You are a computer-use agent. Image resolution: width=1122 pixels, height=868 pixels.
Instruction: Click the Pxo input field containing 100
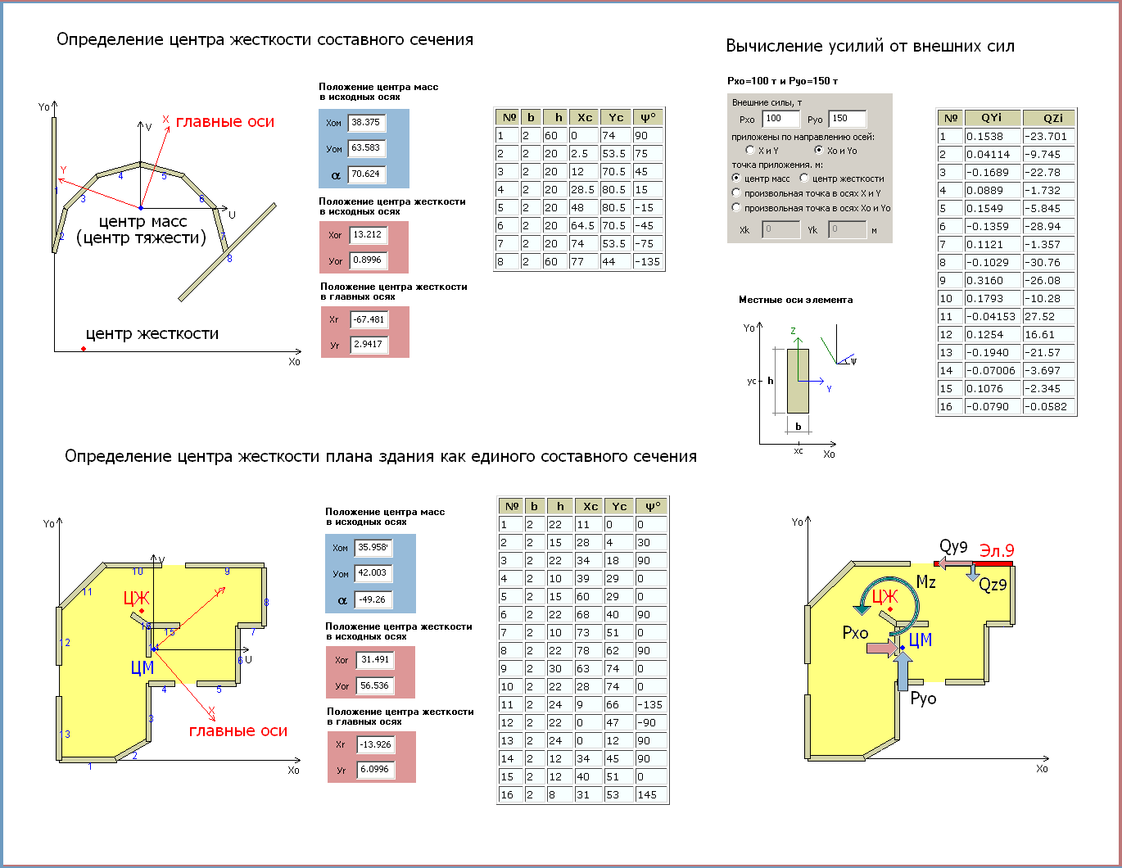[781, 119]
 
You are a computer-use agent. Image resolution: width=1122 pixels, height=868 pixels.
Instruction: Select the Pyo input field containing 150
[848, 119]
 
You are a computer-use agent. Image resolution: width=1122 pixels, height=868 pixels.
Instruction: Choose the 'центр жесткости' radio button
[804, 178]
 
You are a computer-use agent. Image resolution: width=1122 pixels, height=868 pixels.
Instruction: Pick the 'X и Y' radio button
[750, 151]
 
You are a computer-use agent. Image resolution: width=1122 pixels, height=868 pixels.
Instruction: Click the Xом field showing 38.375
[366, 123]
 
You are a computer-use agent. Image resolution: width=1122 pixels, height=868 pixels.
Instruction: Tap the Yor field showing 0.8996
[368, 260]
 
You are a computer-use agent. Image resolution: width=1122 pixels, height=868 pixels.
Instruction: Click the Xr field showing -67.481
[369, 319]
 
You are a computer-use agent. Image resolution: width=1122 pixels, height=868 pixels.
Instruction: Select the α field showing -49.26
[373, 599]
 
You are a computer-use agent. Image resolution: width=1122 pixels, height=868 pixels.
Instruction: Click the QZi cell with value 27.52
[1049, 316]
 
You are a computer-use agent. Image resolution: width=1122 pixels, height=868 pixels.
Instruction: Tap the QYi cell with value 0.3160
[993, 280]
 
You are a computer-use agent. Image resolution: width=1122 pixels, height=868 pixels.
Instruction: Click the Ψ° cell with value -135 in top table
[648, 262]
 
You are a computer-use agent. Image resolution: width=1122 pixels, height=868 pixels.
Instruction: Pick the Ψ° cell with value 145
[651, 794]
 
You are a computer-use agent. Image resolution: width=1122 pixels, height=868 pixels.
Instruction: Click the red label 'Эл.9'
[997, 551]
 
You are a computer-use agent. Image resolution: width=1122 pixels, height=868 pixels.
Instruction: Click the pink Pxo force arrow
[882, 649]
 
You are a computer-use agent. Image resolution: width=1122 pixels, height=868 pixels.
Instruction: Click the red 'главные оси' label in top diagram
[225, 122]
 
